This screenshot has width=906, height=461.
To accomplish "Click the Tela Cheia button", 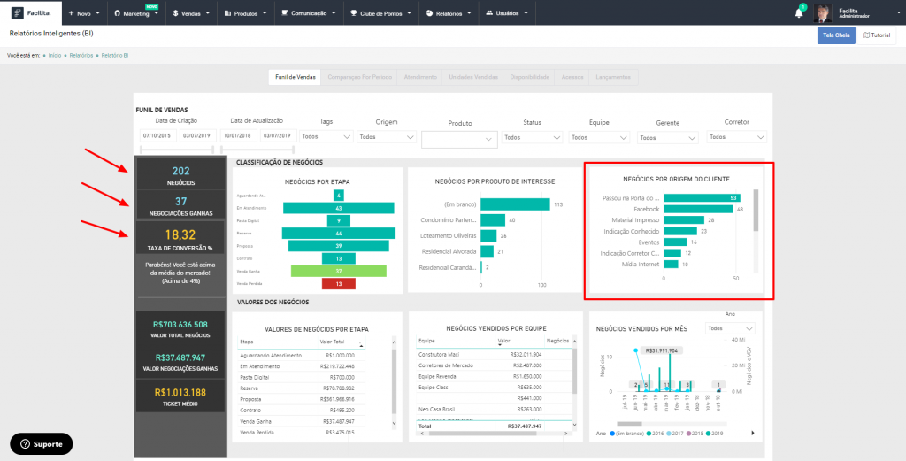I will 835,35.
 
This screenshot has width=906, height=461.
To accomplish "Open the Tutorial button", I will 876,35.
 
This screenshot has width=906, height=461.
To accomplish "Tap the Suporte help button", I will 42,443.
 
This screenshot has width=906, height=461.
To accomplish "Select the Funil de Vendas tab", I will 296,77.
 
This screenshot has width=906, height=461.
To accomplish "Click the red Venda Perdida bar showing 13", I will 338,283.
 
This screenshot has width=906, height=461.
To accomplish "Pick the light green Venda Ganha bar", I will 338,271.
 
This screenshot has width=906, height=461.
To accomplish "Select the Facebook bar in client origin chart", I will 698,209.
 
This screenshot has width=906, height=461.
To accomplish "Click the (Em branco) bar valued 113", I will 514,204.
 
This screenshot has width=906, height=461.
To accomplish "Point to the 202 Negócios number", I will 181,171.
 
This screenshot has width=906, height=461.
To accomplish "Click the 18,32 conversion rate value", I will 181,234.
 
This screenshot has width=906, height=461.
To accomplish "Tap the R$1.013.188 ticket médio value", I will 180,392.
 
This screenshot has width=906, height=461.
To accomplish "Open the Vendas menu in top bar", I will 191,14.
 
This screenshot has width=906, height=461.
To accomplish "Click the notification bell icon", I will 799,13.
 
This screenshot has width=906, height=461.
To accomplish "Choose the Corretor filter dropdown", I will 736,137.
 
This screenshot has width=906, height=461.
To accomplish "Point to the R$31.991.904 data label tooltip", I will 662,350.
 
